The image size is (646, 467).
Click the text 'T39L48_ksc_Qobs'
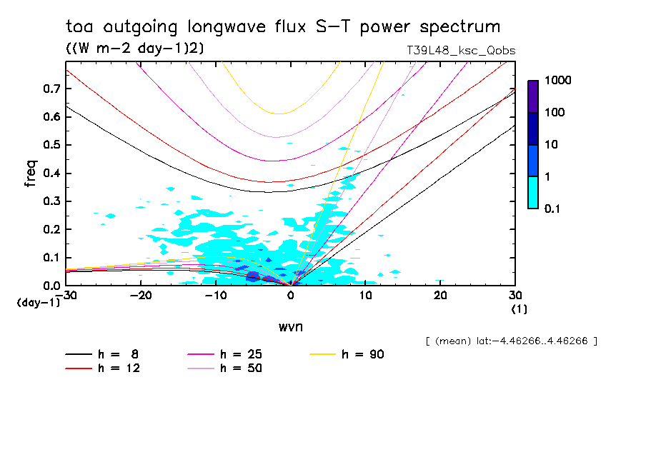pyautogui.click(x=459, y=51)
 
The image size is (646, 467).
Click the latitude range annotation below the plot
pyautogui.click(x=511, y=341)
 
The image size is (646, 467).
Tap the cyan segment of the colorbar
pyautogui.click(x=533, y=192)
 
